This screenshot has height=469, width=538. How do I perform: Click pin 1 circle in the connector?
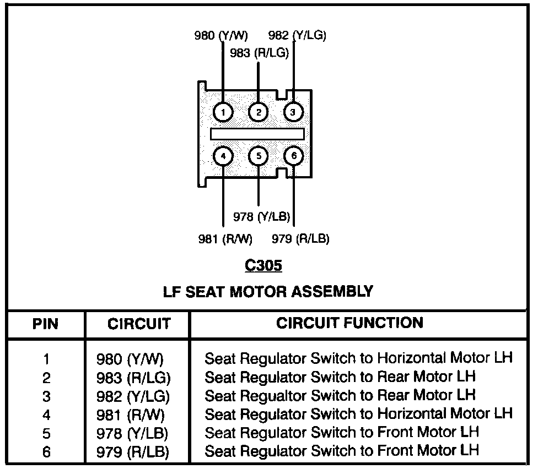point(223,113)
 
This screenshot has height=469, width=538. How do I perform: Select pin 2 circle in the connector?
point(259,113)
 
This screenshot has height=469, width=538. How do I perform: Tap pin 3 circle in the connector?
point(293,113)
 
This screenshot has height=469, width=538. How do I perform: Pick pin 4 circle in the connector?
point(223,157)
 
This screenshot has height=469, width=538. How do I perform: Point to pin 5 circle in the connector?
point(259,157)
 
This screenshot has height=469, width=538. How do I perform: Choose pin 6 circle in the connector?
point(293,157)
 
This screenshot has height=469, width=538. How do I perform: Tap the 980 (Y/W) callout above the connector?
point(221,36)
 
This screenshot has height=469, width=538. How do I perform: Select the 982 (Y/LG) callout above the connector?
point(297,36)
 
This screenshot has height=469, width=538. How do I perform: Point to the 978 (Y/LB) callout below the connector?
point(261,217)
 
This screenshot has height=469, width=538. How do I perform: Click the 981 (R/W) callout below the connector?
point(225,239)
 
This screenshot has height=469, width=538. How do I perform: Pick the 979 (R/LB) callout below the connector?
point(301,239)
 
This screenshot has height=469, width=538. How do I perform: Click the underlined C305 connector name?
point(263,266)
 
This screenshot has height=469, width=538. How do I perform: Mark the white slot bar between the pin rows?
point(257,134)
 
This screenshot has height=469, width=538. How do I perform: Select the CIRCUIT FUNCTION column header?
point(349,323)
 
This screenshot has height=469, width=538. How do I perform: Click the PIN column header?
point(46,324)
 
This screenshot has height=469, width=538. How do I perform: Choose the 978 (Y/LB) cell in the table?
point(132,433)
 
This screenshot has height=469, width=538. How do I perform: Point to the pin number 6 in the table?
point(46,452)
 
